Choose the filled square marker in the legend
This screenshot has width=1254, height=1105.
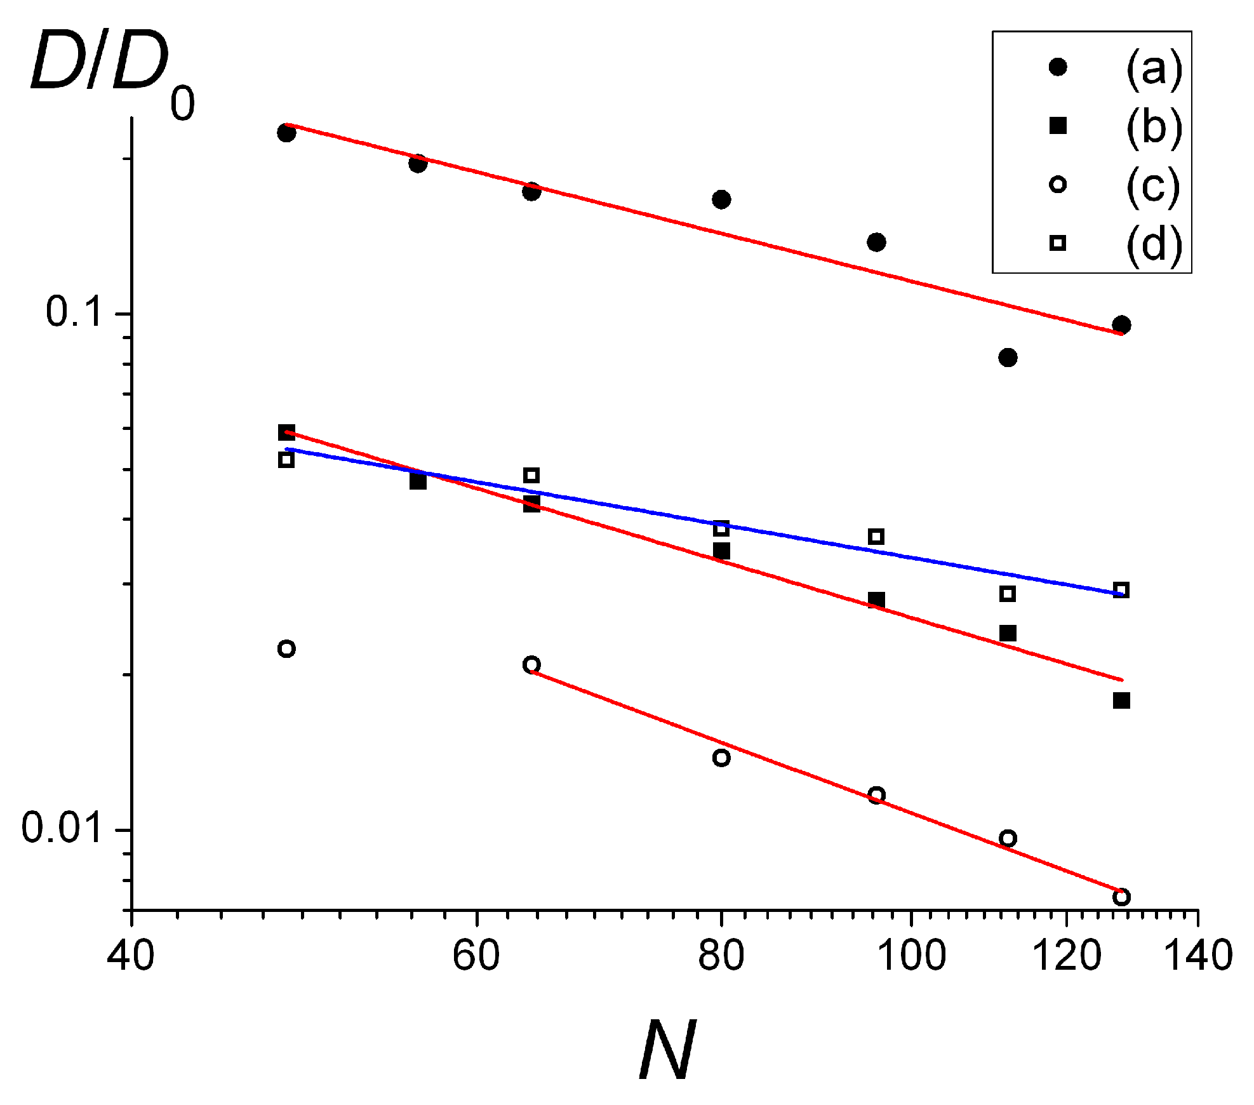tap(1058, 125)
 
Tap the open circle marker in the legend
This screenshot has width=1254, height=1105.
tap(1058, 185)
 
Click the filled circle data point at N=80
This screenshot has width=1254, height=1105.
tap(721, 199)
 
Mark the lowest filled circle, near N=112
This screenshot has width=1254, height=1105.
tap(1008, 358)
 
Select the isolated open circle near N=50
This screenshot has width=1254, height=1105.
tap(286, 648)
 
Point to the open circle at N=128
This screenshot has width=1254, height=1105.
tap(1121, 897)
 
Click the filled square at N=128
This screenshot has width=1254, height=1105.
tap(1121, 700)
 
